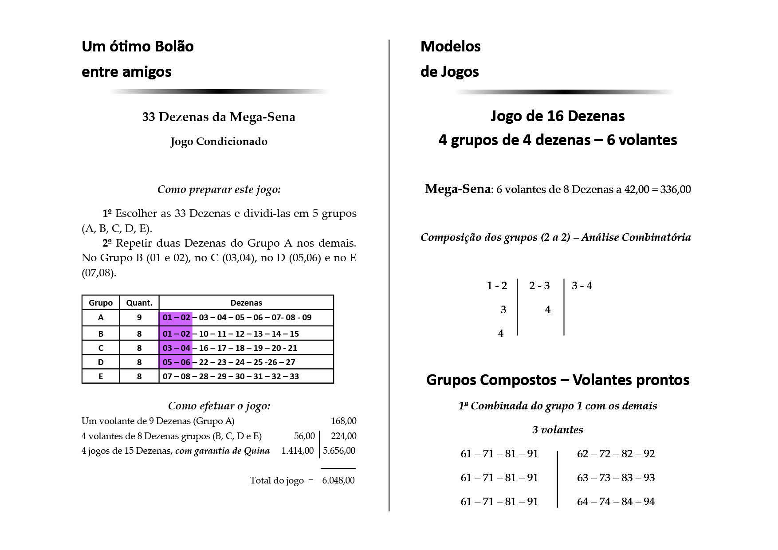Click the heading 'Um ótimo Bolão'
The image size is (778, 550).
138,47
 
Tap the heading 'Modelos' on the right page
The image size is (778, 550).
450,47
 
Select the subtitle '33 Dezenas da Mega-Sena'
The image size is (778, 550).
219,117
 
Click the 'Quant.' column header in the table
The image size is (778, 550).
139,303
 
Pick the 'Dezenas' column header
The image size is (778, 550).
246,303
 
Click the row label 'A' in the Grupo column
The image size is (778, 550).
101,318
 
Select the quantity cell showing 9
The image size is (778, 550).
139,318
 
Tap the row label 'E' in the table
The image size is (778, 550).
101,377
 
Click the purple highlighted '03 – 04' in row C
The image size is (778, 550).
176,348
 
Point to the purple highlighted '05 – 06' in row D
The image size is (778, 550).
176,362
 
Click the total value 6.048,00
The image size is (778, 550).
338,480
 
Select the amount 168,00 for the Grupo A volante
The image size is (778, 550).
343,421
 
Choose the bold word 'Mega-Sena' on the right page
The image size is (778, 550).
458,189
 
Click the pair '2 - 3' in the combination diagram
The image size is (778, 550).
539,286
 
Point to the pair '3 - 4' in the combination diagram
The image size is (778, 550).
582,286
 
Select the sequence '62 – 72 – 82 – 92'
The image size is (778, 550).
616,454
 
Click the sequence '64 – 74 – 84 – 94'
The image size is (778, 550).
616,502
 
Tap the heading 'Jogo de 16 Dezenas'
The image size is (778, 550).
558,116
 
